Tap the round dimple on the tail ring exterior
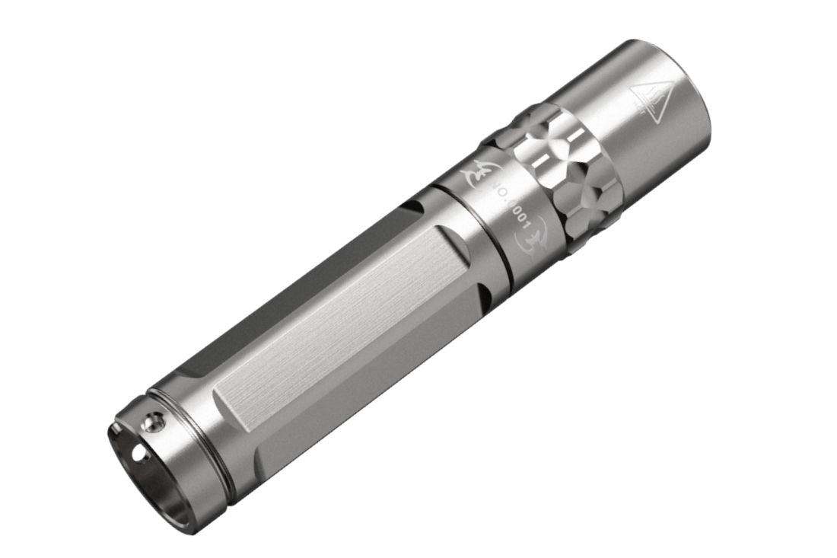[155, 419]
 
